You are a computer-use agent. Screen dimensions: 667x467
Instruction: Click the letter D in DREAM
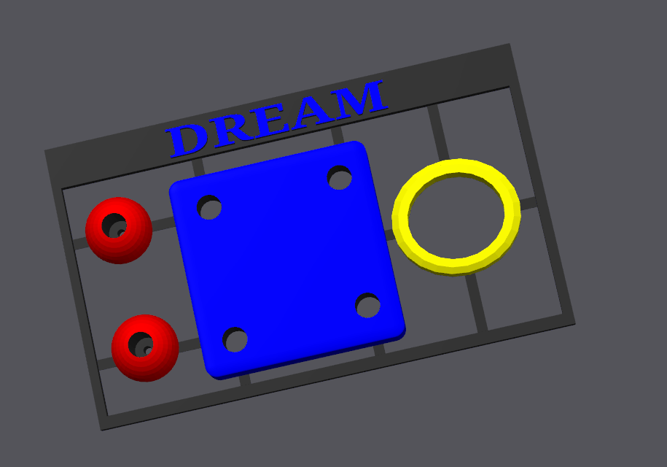click(187, 141)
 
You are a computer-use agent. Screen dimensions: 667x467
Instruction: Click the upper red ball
click(119, 231)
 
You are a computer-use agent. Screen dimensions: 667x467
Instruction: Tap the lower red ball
click(145, 348)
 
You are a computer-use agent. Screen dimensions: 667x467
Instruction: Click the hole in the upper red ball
click(114, 226)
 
